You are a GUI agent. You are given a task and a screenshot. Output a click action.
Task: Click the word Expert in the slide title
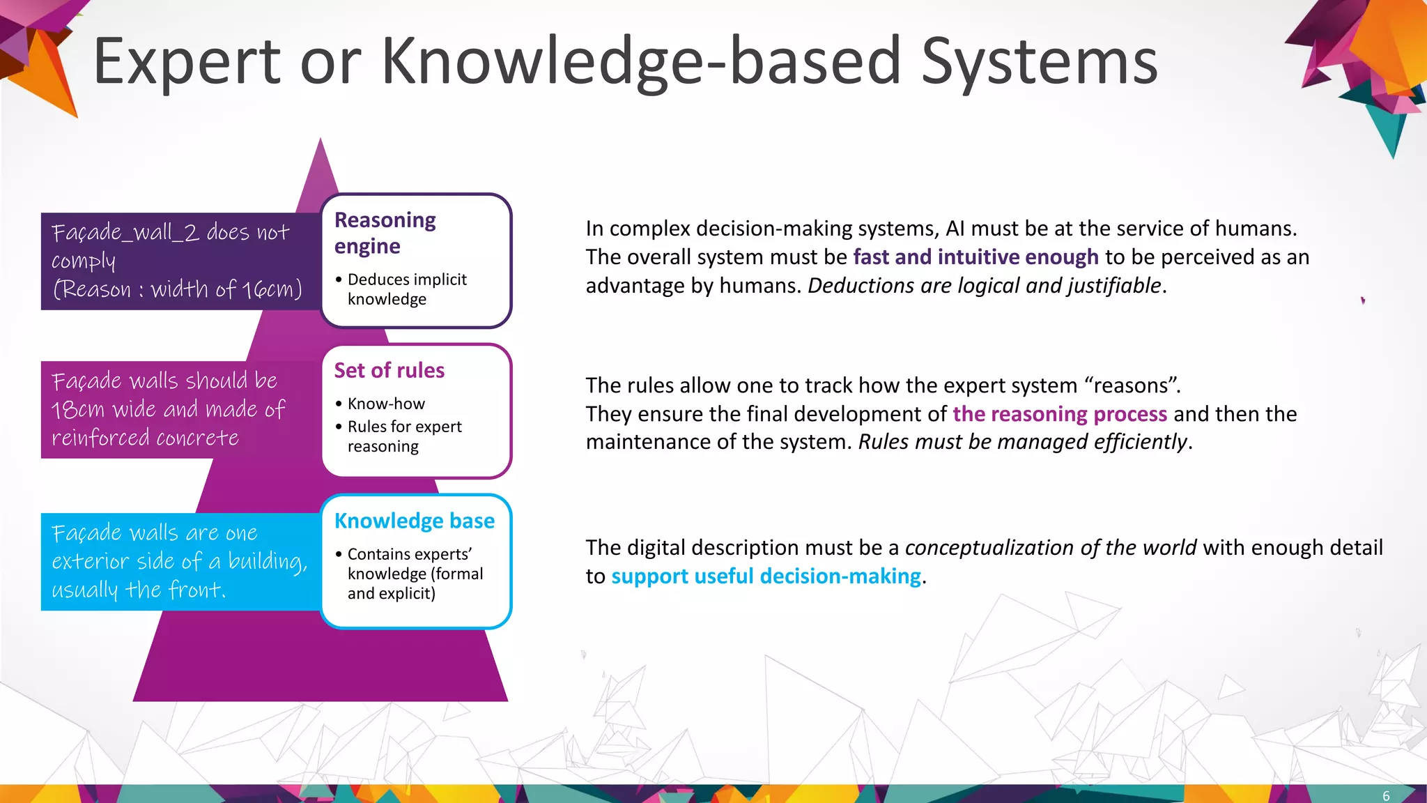[187, 63]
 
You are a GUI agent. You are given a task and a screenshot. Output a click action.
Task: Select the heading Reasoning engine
[385, 233]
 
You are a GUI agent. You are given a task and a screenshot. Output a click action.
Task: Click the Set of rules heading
[389, 370]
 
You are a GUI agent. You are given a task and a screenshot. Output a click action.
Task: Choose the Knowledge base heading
[414, 521]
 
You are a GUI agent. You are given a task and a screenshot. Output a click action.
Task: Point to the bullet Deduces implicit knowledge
[407, 289]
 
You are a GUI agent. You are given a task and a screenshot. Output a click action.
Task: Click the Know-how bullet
[386, 404]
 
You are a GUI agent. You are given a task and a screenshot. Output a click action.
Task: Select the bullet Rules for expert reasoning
[404, 436]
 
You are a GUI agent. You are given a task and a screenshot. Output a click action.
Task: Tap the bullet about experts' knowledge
[415, 574]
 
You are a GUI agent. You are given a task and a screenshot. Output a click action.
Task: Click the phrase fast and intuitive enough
[975, 257]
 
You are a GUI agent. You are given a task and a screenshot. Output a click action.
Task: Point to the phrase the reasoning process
[1059, 414]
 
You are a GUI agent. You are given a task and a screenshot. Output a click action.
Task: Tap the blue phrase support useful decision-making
[766, 576]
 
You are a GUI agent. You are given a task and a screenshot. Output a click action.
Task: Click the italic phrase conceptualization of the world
[1050, 548]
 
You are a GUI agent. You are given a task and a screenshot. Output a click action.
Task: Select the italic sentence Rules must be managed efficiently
[1022, 442]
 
